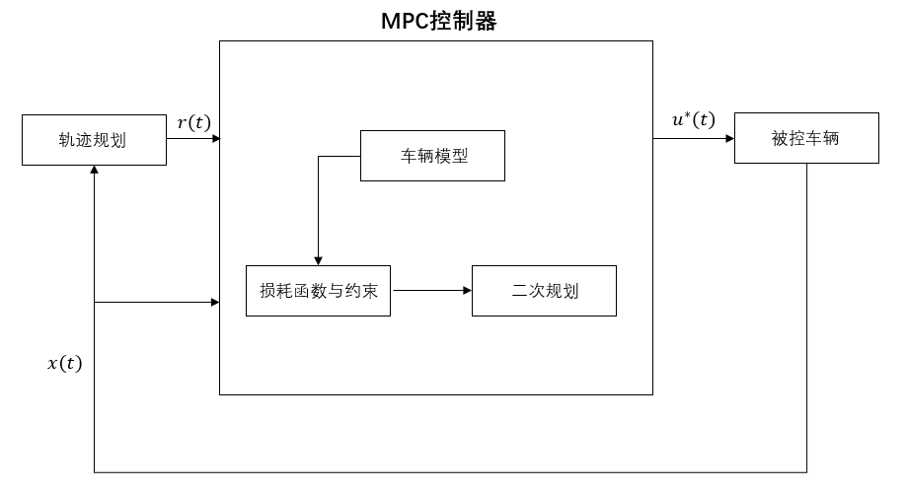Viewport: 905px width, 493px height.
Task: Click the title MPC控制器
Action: [x=438, y=21]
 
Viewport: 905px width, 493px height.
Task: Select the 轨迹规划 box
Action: [x=94, y=139]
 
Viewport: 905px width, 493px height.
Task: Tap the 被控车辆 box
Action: [x=806, y=139]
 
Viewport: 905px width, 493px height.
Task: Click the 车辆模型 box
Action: [x=432, y=156]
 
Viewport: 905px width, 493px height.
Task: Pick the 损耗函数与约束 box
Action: [x=318, y=291]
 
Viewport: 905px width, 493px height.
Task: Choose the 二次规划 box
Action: [x=544, y=291]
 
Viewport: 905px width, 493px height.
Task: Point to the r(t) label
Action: [x=193, y=122]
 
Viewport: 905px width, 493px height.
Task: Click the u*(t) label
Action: [x=694, y=120]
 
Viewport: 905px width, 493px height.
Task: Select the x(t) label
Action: [x=65, y=363]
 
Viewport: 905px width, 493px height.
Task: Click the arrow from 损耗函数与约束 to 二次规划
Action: [x=430, y=291]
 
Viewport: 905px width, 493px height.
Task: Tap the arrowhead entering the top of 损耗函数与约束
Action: [x=318, y=260]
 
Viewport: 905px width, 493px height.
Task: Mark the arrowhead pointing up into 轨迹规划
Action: [x=94, y=171]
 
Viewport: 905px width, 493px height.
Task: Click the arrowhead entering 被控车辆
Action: [x=729, y=139]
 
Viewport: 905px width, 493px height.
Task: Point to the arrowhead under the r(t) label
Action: [x=214, y=139]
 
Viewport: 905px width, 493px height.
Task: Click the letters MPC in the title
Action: [x=406, y=21]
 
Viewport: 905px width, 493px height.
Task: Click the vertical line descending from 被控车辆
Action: [x=806, y=316]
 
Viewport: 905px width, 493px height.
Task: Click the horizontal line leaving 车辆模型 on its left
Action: [x=339, y=156]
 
